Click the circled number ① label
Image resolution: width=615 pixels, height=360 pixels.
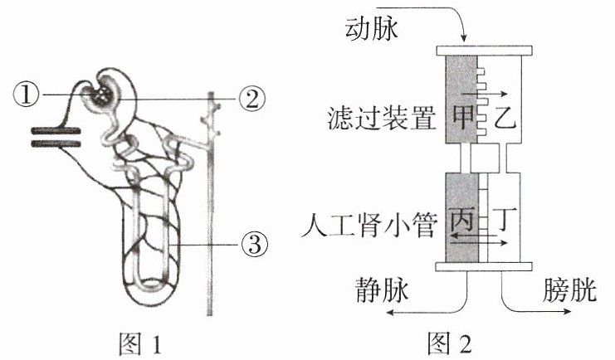coord(26,95)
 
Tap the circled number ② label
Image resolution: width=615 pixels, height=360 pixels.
coord(252,99)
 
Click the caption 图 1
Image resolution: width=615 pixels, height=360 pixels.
coord(140,343)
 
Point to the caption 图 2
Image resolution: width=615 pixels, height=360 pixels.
coord(450,343)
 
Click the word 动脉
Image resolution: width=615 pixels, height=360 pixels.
coord(372,28)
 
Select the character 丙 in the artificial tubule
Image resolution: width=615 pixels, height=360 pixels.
coord(462,219)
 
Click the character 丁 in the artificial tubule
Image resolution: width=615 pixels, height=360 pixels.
coord(504,218)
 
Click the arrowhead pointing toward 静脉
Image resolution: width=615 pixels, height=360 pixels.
coord(389,312)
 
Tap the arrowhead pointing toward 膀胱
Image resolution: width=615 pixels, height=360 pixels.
coord(568,311)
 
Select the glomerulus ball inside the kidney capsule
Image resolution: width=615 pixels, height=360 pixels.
coord(103,95)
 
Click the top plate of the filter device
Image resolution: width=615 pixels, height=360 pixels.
coord(484,51)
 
